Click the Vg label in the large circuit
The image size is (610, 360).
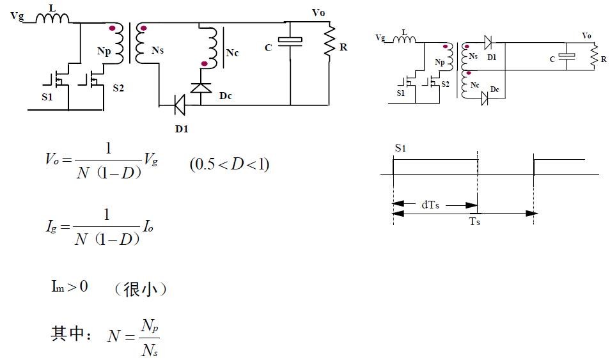coord(17,16)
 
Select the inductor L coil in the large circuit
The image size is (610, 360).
coord(52,18)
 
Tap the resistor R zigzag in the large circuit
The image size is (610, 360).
coord(330,42)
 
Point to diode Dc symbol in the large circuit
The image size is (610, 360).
coord(201,87)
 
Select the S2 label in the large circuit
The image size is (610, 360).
coord(118,88)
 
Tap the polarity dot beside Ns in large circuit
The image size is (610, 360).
coord(143,29)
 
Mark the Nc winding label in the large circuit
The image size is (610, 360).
coord(232,52)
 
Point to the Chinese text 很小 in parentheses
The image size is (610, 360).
coord(140,289)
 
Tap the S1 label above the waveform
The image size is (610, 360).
coord(400,148)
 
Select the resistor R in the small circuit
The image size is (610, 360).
coord(594,58)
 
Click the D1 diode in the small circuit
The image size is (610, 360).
coord(489,44)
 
